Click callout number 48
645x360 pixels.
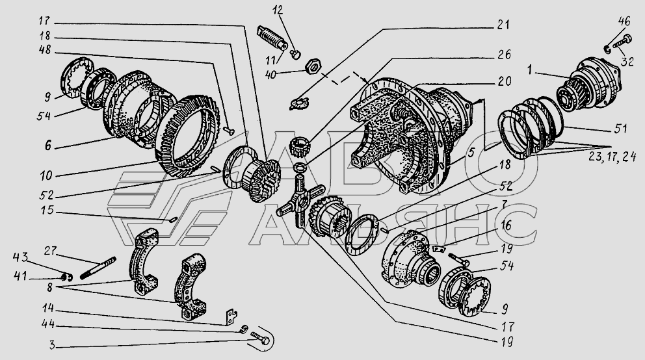[x=46, y=51]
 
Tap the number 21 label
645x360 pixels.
[x=503, y=25]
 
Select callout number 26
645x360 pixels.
[x=503, y=55]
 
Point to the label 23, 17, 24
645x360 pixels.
[x=612, y=157]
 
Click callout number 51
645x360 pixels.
[x=620, y=129]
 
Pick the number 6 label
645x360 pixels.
[x=48, y=145]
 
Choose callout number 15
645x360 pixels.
[x=47, y=210]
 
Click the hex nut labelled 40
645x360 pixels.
[x=313, y=66]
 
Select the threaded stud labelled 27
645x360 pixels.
[x=98, y=268]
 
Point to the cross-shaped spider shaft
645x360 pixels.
[x=300, y=199]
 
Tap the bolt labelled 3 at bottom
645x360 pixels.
[x=260, y=339]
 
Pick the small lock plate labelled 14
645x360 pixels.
[x=231, y=317]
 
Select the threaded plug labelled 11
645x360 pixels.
[x=272, y=38]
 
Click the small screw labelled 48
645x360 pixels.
[x=229, y=131]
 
